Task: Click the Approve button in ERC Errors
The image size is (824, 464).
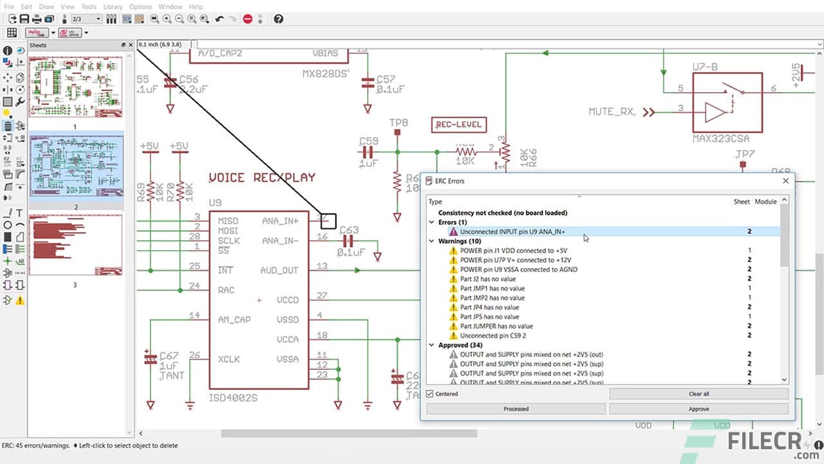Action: click(698, 409)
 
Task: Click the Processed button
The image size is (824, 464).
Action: click(516, 409)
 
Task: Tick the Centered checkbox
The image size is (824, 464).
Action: click(430, 394)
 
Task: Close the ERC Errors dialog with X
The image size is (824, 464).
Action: click(785, 181)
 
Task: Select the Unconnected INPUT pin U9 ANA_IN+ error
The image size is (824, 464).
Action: click(512, 231)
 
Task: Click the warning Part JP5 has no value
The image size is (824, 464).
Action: click(489, 317)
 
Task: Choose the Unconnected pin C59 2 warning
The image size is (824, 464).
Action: click(492, 336)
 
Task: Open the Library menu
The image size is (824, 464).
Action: click(113, 6)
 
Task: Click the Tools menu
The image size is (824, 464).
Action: click(89, 6)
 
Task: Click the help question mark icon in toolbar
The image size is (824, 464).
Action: click(278, 19)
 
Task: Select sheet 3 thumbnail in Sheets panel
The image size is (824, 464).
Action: click(75, 245)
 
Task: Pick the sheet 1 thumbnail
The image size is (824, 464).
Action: click(75, 86)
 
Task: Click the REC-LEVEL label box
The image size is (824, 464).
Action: click(458, 124)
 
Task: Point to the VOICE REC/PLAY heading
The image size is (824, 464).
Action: click(262, 177)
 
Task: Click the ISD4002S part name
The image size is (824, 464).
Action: click(233, 398)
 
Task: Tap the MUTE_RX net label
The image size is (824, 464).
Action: click(611, 111)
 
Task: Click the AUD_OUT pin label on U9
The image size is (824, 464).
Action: click(279, 270)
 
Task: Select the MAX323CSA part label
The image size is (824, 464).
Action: click(720, 139)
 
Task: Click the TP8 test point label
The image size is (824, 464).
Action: click(398, 122)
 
